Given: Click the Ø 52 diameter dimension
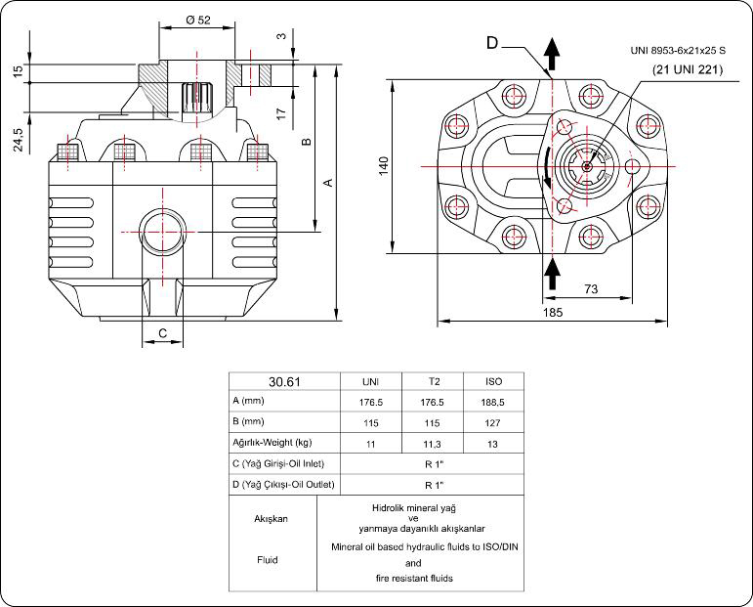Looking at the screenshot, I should [x=197, y=21].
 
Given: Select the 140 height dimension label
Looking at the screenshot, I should [x=384, y=165].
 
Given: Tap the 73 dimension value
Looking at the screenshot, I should [x=590, y=288].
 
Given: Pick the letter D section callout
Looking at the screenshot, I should [x=492, y=42].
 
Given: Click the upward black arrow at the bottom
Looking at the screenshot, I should [x=552, y=273].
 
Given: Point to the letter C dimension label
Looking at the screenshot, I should [x=162, y=333].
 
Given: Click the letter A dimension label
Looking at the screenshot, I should [x=328, y=182].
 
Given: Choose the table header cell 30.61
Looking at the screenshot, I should [x=283, y=381].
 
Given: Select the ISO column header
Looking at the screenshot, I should [x=493, y=381].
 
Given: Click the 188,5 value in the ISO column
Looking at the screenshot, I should [x=493, y=402].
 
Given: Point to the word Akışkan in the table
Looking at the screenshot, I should [x=272, y=519].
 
